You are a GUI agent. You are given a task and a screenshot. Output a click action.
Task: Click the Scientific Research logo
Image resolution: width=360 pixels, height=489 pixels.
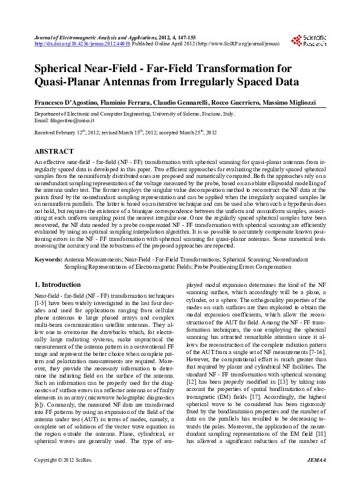(309, 41)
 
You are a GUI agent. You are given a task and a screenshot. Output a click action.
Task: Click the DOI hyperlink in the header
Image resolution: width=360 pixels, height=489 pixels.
(82, 44)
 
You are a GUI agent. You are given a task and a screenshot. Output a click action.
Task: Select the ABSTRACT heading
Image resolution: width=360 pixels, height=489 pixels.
(54, 151)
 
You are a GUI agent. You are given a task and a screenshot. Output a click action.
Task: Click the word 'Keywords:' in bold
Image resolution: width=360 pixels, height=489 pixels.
(48, 259)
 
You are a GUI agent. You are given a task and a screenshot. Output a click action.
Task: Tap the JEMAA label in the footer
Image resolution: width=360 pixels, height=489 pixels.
(315, 478)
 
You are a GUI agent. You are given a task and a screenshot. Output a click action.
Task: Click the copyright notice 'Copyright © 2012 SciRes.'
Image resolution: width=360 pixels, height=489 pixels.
(63, 478)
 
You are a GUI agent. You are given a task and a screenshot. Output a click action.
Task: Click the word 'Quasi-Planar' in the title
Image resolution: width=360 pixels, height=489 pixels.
(73, 82)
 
